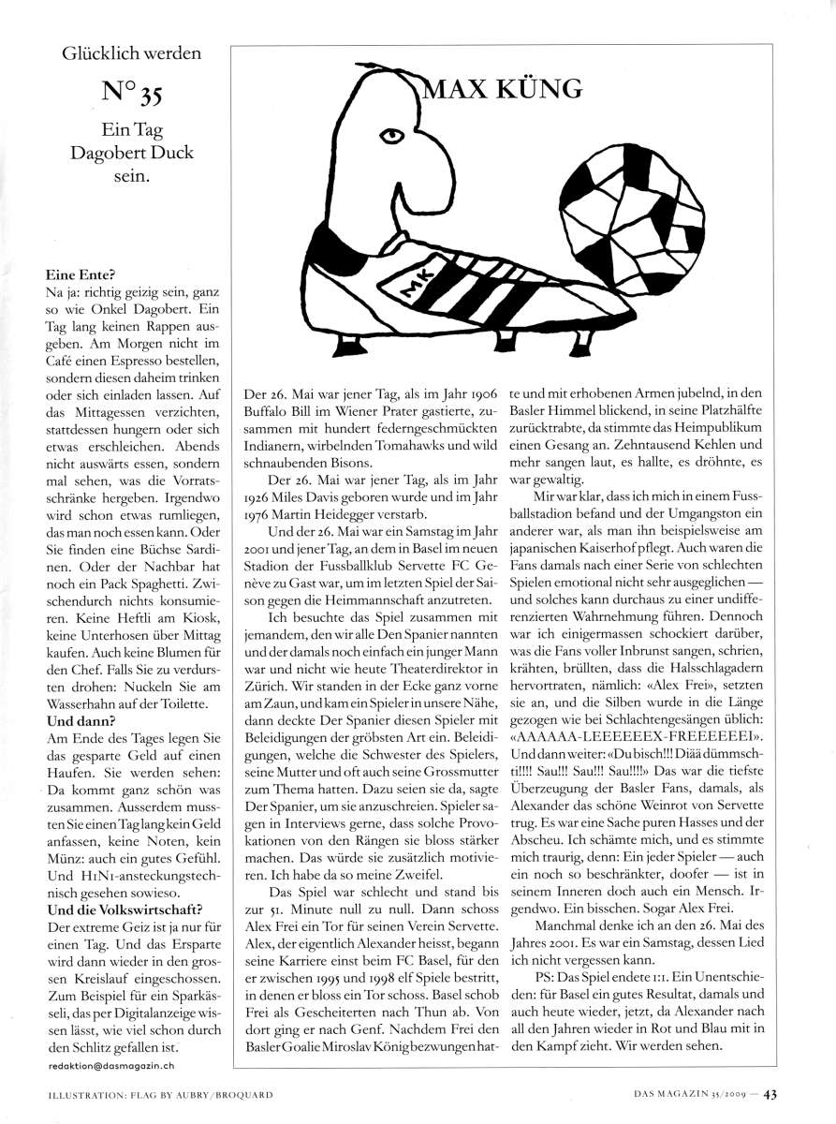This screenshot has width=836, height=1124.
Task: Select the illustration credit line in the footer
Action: coord(160,1091)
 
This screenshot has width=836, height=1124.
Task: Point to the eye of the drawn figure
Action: coord(395,136)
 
